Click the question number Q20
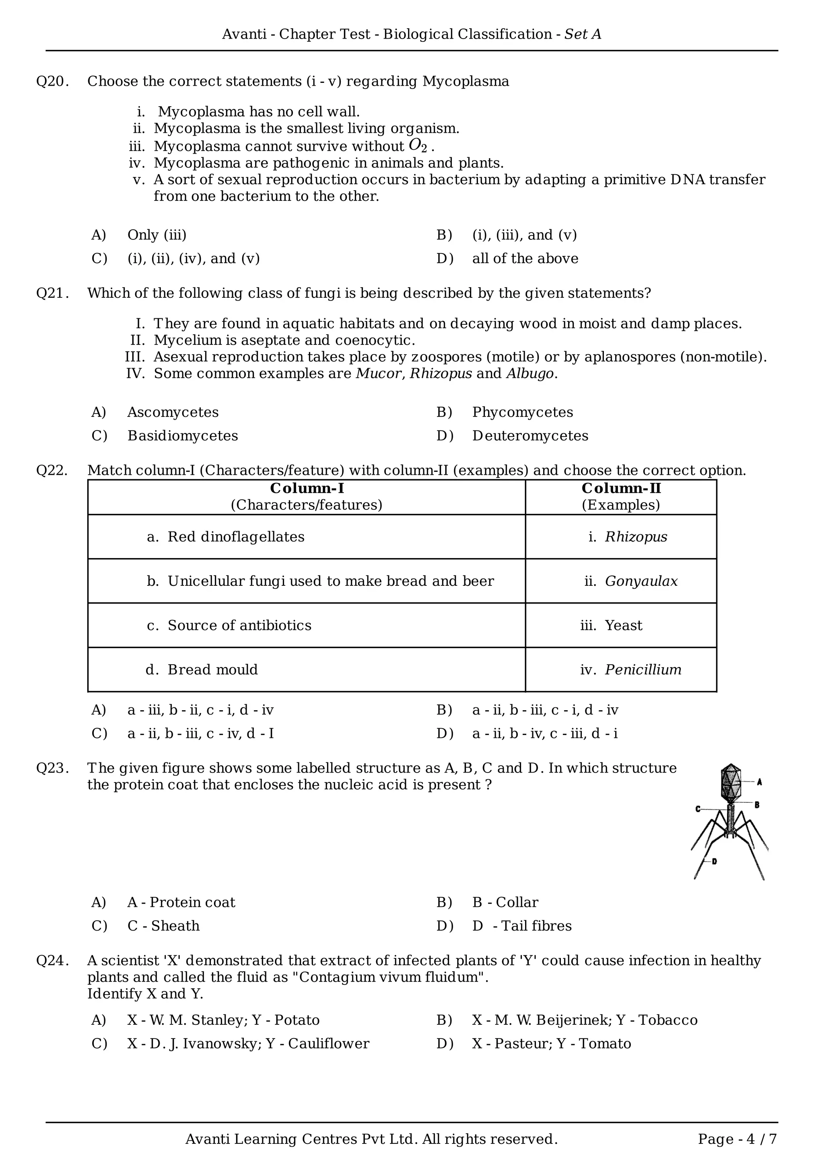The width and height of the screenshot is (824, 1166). [x=52, y=81]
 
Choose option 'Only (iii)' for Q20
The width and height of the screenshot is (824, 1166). [x=157, y=235]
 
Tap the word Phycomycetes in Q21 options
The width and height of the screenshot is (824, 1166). [x=522, y=412]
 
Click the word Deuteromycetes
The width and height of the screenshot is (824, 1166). [x=530, y=436]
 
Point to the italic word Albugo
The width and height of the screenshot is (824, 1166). [x=530, y=374]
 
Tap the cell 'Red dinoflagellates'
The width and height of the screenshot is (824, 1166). [x=236, y=537]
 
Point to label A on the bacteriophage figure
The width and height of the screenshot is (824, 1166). [x=760, y=782]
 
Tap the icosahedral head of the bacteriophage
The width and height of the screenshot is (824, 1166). [x=731, y=783]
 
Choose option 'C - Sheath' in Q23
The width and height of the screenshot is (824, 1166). [x=163, y=926]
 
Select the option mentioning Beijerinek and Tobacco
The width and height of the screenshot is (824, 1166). [x=584, y=1020]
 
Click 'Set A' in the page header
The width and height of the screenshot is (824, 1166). [x=583, y=34]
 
